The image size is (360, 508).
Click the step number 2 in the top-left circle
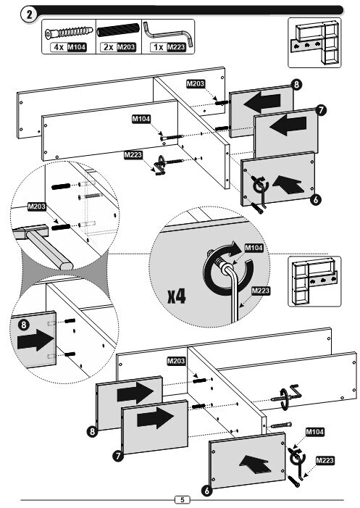(30, 14)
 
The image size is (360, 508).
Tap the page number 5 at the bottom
(183, 499)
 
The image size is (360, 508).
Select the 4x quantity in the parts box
(59, 47)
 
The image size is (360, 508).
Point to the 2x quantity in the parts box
(109, 47)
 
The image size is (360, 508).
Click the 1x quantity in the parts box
(159, 47)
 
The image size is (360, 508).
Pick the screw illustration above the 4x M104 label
(69, 33)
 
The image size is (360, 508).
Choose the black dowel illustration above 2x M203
(118, 30)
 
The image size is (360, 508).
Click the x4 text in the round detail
(177, 296)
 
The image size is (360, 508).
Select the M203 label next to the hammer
(37, 207)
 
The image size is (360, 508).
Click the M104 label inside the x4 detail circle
(254, 248)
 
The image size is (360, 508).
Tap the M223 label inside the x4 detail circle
(261, 291)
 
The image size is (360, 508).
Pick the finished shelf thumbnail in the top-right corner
(314, 43)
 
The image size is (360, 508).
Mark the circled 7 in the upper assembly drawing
(320, 110)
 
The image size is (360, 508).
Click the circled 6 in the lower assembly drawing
(207, 491)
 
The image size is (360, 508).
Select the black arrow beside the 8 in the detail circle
(35, 340)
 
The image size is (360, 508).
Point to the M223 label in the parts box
(176, 47)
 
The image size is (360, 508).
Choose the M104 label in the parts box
(76, 47)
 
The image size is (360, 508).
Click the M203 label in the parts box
(126, 47)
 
